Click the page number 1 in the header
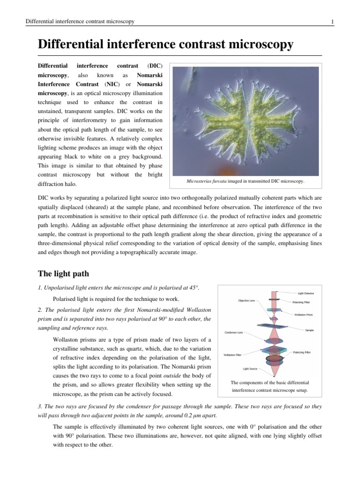332,22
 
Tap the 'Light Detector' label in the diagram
306,293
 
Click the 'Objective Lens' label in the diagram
247,300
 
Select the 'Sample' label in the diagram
309,330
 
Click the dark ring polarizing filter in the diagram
274,359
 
